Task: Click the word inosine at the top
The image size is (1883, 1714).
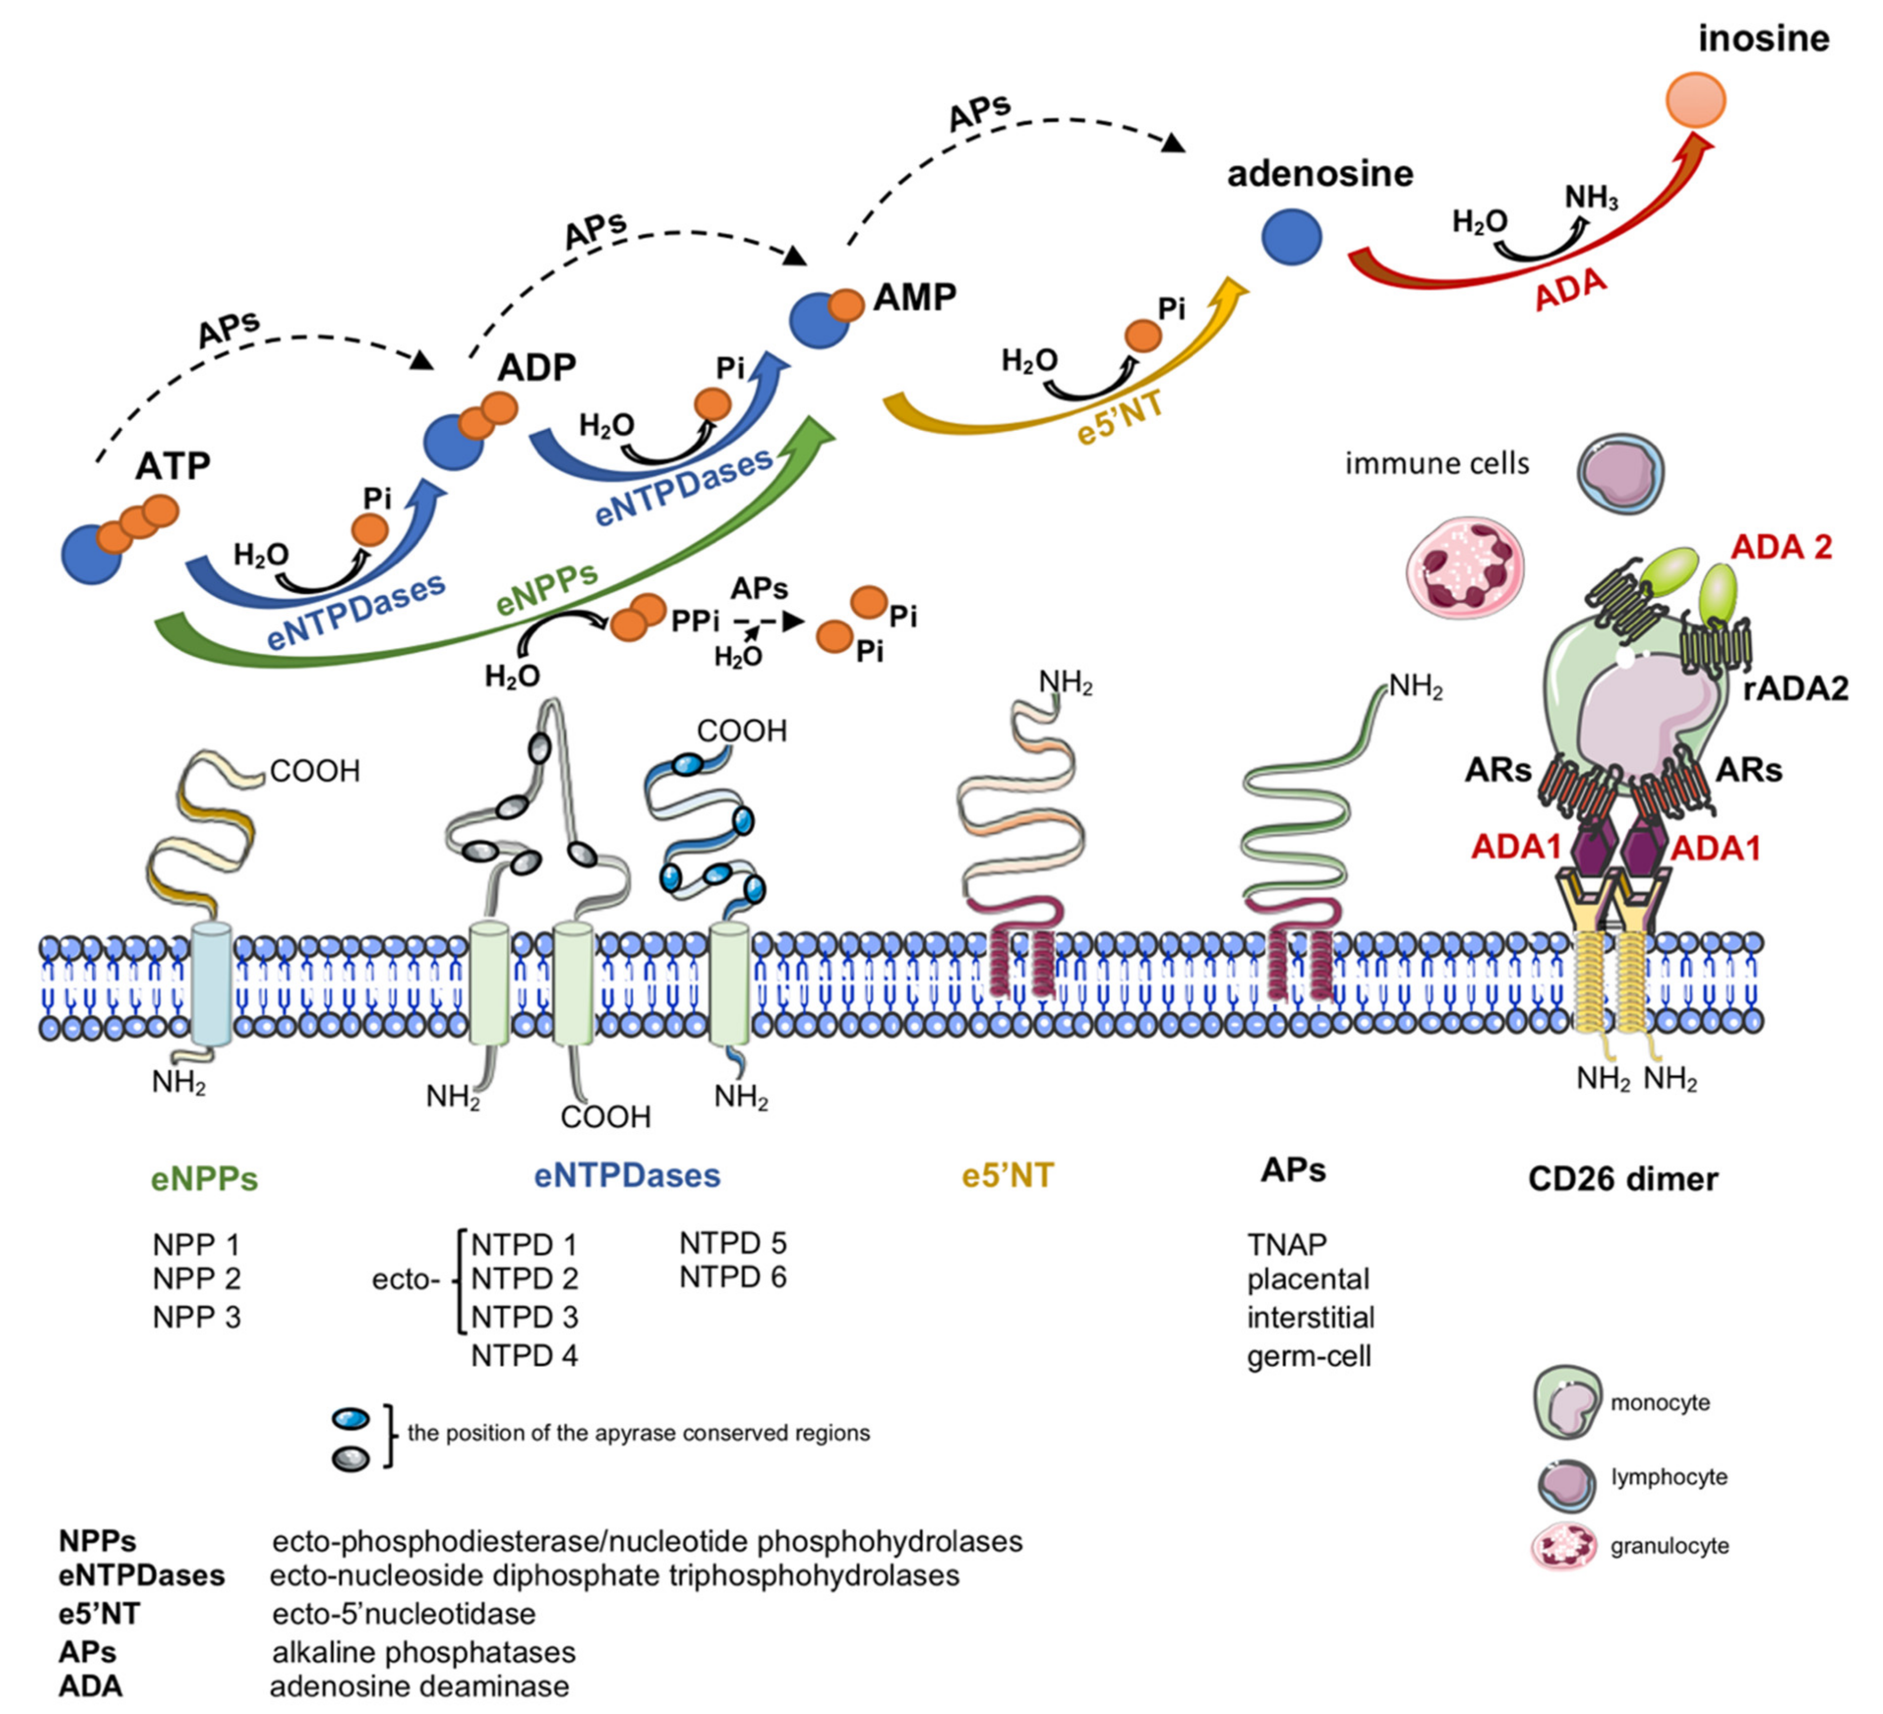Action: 1763,39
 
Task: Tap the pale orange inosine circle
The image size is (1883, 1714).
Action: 1696,100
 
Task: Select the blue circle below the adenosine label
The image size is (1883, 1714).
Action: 1292,236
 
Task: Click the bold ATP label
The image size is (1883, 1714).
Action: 173,465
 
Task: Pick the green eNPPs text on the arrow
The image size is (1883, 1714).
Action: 547,588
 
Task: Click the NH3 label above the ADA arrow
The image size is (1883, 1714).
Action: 1591,198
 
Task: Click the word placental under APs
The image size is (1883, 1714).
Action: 1308,1279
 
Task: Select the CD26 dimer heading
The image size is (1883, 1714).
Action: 1622,1179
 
